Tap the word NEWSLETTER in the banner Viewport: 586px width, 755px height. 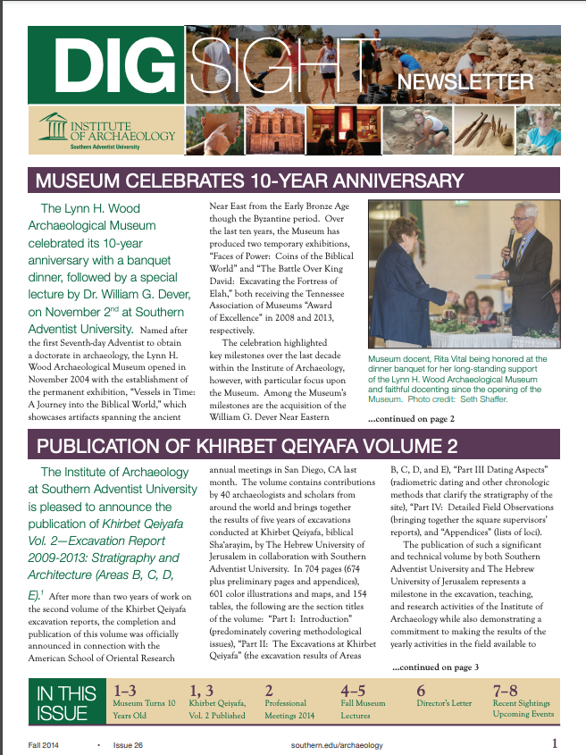(465, 83)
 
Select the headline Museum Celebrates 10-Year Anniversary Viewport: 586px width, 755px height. (249, 181)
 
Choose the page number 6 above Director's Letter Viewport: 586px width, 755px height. (421, 691)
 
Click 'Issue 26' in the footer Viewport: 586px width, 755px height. (140, 743)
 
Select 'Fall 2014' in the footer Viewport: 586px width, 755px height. (44, 743)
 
